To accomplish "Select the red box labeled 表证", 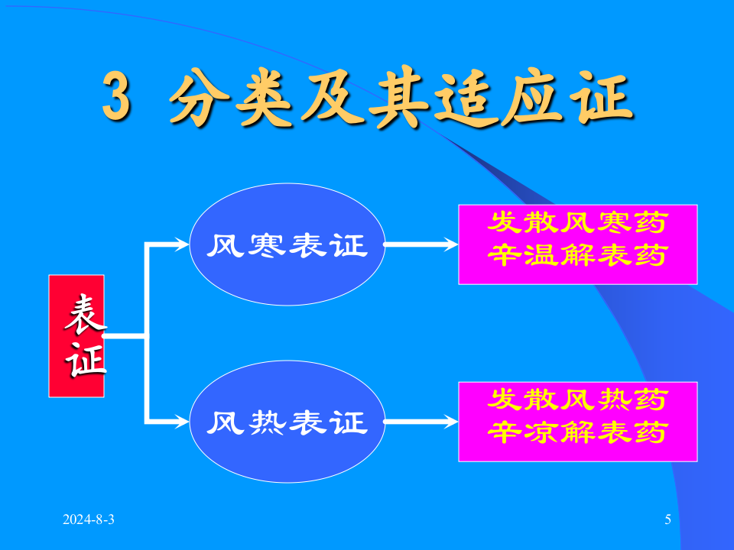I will tap(76, 335).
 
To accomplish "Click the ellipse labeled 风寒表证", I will tap(287, 244).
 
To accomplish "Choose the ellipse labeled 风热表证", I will tap(287, 421).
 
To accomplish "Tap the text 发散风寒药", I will tap(578, 223).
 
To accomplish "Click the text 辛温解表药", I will tap(578, 255).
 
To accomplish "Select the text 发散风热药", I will tap(578, 400).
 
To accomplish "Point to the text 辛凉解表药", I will tap(578, 432).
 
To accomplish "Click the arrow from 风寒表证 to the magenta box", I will tap(421, 244).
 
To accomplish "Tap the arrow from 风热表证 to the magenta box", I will tap(421, 421).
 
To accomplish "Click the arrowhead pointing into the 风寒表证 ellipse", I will tap(181, 244).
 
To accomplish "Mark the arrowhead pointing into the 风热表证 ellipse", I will tap(181, 421).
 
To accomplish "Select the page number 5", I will tap(667, 520).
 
